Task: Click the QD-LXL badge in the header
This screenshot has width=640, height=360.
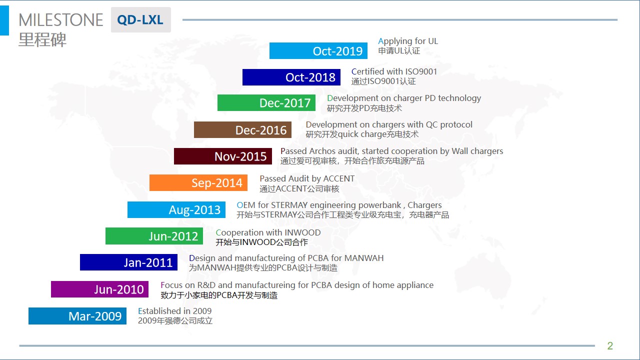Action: (x=141, y=19)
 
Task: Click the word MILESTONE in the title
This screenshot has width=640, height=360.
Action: (x=61, y=20)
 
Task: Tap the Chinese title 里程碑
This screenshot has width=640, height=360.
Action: (x=42, y=39)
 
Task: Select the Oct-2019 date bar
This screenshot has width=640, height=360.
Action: (x=318, y=51)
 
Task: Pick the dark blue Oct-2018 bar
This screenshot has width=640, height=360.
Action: (x=291, y=77)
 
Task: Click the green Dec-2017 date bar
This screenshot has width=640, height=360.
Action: (x=266, y=103)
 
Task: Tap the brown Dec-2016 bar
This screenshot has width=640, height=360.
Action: (x=242, y=129)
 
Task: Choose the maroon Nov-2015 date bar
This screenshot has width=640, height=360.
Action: (x=223, y=156)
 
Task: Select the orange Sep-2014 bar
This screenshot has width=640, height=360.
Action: (x=198, y=183)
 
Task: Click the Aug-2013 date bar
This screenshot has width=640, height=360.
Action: (x=176, y=209)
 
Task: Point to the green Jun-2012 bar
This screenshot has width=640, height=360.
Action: (x=154, y=236)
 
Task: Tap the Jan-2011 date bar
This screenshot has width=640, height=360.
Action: (x=128, y=262)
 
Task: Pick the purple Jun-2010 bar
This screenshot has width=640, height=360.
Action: (x=99, y=289)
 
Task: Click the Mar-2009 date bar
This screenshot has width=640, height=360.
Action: (x=77, y=316)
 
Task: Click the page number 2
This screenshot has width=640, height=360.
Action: (x=610, y=345)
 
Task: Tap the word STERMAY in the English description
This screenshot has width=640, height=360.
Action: (x=289, y=205)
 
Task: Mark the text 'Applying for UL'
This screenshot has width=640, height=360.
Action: (x=408, y=41)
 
